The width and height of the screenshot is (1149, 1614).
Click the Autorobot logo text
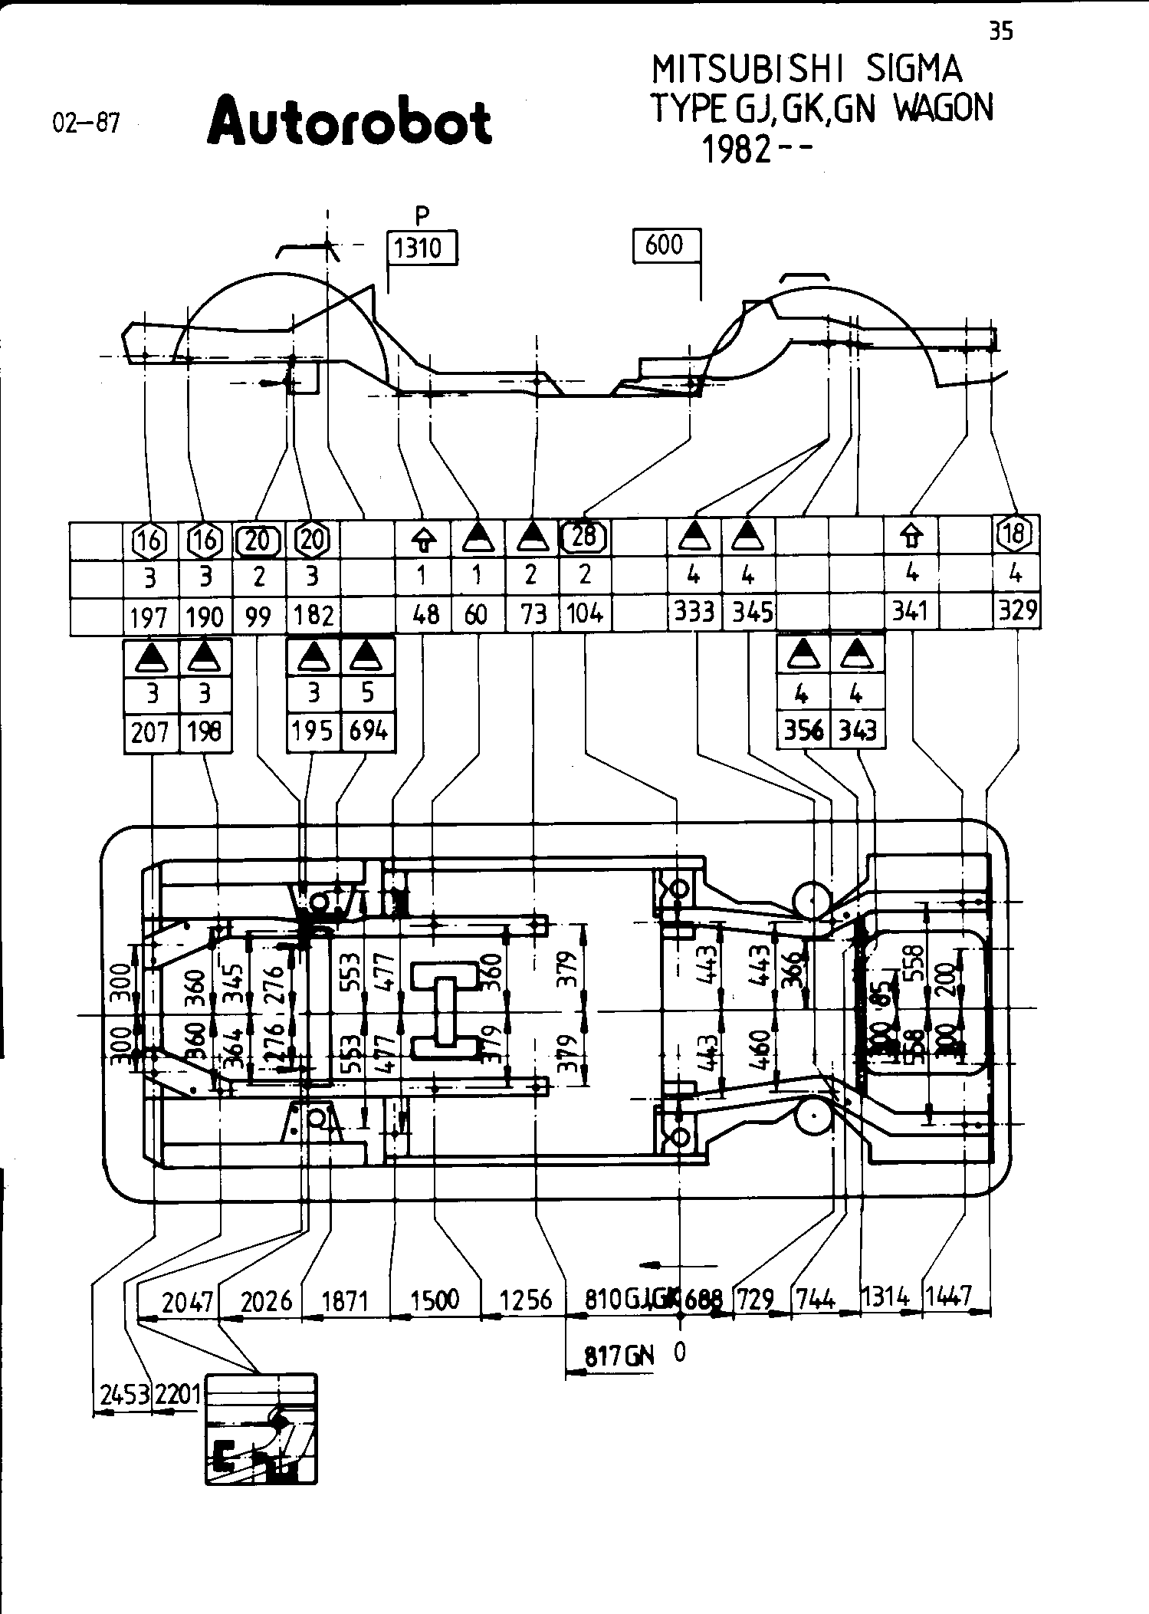(350, 122)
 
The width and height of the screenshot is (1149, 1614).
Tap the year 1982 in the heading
(736, 151)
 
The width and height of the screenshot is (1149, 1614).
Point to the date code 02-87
(86, 123)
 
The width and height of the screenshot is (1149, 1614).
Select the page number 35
(1000, 31)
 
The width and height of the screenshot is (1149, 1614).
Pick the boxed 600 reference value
(664, 245)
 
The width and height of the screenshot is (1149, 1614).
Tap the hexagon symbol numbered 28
(585, 536)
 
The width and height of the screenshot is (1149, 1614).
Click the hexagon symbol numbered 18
(1016, 534)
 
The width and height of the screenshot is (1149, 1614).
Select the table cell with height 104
(585, 613)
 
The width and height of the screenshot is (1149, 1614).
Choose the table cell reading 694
(368, 731)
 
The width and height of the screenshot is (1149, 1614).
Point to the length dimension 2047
(187, 1300)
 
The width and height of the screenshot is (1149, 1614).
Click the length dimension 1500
(435, 1300)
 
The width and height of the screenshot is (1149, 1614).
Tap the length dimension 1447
(948, 1297)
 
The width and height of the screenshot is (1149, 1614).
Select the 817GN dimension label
(619, 1356)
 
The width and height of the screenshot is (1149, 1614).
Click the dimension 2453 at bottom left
(122, 1393)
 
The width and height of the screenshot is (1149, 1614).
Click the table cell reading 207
(150, 732)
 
